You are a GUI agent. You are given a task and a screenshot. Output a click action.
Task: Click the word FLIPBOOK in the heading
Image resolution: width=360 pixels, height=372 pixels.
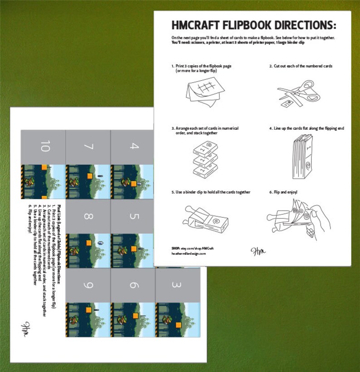tap(247, 24)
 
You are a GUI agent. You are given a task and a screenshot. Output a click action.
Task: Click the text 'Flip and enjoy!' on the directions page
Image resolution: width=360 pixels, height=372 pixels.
tap(286, 192)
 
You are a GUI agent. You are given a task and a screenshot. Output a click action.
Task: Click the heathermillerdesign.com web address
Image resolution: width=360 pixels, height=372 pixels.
tap(189, 254)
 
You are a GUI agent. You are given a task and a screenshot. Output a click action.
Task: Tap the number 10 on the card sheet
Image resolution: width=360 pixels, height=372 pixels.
tap(44, 147)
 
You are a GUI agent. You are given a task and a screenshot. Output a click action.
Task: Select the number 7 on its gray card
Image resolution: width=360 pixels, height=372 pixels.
tap(88, 147)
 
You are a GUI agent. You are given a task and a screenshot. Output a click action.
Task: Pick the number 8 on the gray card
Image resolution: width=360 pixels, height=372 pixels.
tap(88, 216)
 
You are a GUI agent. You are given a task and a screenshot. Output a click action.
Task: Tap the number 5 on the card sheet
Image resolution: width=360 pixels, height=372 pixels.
tap(133, 216)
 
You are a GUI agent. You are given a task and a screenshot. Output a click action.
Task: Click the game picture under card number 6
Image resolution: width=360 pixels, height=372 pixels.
tap(133, 320)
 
